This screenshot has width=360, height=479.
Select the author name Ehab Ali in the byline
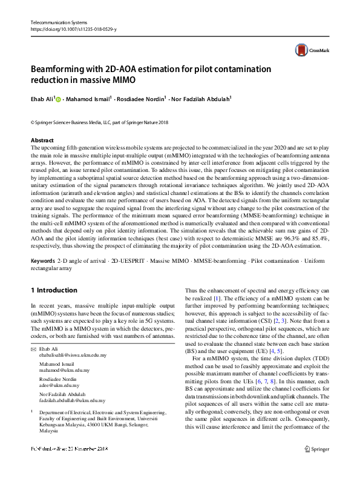(x=42, y=99)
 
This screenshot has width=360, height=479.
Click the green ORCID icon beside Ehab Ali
(x=59, y=99)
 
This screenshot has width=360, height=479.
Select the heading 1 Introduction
(x=54, y=290)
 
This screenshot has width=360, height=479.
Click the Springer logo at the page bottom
(x=315, y=466)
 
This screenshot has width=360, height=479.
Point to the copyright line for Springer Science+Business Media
(x=99, y=123)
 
